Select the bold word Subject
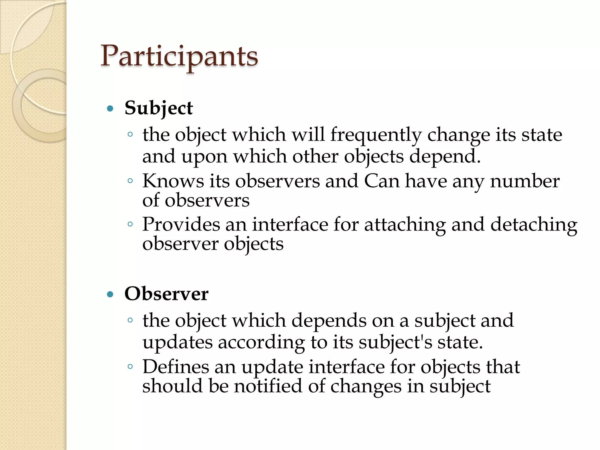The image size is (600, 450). click(x=158, y=108)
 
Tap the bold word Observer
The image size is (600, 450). click(x=166, y=294)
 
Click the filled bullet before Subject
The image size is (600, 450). click(x=110, y=109)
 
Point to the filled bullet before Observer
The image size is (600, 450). click(x=110, y=294)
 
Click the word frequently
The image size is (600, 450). click(x=376, y=135)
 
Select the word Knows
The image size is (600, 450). click(x=173, y=181)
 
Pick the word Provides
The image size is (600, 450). click(x=181, y=224)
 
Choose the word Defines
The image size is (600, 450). click(x=175, y=367)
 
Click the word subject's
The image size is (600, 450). click(x=395, y=342)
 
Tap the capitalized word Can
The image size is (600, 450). click(x=382, y=181)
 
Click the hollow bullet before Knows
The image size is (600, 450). click(x=130, y=181)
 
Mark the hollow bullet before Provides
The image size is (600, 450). click(x=130, y=224)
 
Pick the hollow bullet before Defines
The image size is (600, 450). click(x=130, y=367)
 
